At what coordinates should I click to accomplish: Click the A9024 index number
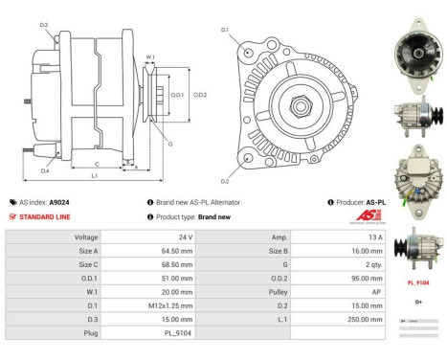tap(59, 203)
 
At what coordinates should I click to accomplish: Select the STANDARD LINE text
tap(43, 216)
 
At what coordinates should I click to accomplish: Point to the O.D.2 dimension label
tap(200, 95)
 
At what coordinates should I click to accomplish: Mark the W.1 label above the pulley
tap(150, 57)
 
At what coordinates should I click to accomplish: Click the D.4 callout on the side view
tap(45, 170)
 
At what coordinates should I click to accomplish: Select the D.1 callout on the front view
tap(225, 31)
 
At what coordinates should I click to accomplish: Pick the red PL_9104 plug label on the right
tap(418, 282)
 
